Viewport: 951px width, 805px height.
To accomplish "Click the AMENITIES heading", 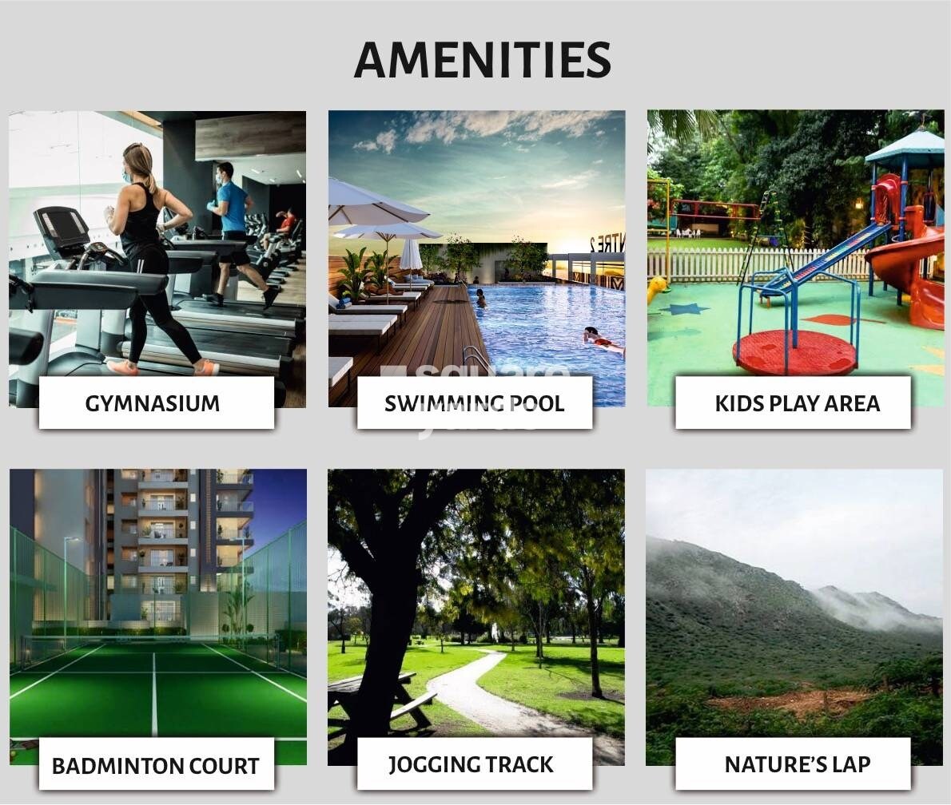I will click(x=482, y=60).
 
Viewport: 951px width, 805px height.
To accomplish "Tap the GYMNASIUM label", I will click(x=152, y=403).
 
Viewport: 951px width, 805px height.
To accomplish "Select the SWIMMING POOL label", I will click(x=474, y=403).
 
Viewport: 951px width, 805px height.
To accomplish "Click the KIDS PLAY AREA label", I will click(x=797, y=403).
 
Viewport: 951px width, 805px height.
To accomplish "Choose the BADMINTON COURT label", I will click(x=156, y=766).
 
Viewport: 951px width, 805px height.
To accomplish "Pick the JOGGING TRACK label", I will click(x=471, y=764).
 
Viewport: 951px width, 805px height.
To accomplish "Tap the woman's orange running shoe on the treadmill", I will click(x=121, y=367).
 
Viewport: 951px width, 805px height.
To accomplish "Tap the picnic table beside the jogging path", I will click(x=376, y=695).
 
